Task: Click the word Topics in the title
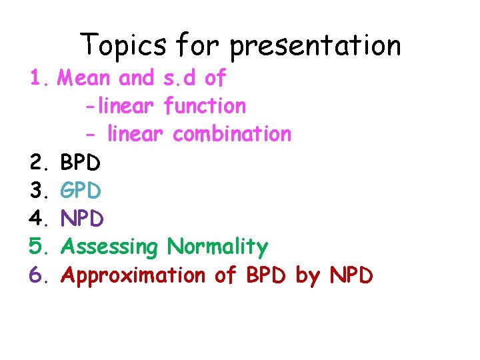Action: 124,46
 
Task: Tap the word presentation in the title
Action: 315,46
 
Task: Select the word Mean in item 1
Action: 83,79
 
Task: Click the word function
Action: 205,106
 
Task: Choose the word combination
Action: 232,134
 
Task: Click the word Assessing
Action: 109,247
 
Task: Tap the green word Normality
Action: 217,247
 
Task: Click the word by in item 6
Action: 307,276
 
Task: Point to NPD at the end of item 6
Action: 351,275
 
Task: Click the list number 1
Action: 38,79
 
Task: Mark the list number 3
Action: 38,191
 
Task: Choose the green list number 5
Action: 38,247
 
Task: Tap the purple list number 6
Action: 38,275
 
